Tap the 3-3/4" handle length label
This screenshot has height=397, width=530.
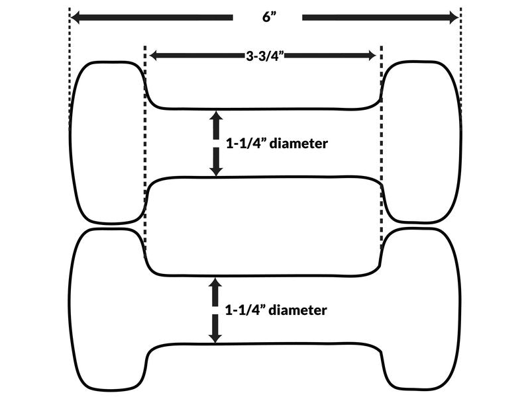(264, 56)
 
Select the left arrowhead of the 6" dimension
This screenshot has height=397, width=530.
(76, 18)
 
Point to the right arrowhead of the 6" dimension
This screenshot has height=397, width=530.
(454, 18)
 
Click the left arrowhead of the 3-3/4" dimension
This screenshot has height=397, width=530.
(154, 56)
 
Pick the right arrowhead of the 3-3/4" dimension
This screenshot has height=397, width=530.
(371, 56)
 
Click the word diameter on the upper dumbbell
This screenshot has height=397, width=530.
(299, 144)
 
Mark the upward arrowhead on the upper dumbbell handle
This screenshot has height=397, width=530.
(216, 116)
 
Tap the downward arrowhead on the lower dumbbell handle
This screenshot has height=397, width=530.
(215, 337)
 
